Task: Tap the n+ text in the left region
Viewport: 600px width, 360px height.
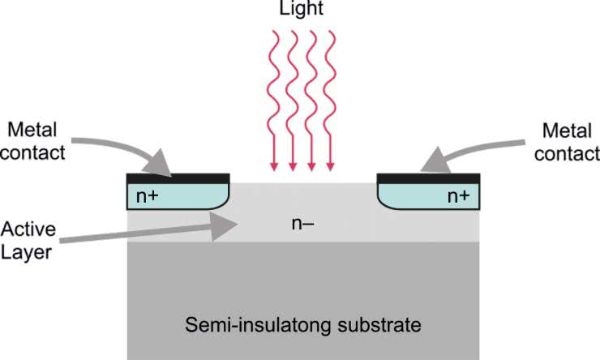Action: tap(147, 195)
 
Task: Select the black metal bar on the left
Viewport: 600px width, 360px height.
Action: tap(178, 177)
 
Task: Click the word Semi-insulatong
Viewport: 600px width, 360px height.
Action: tap(263, 326)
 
